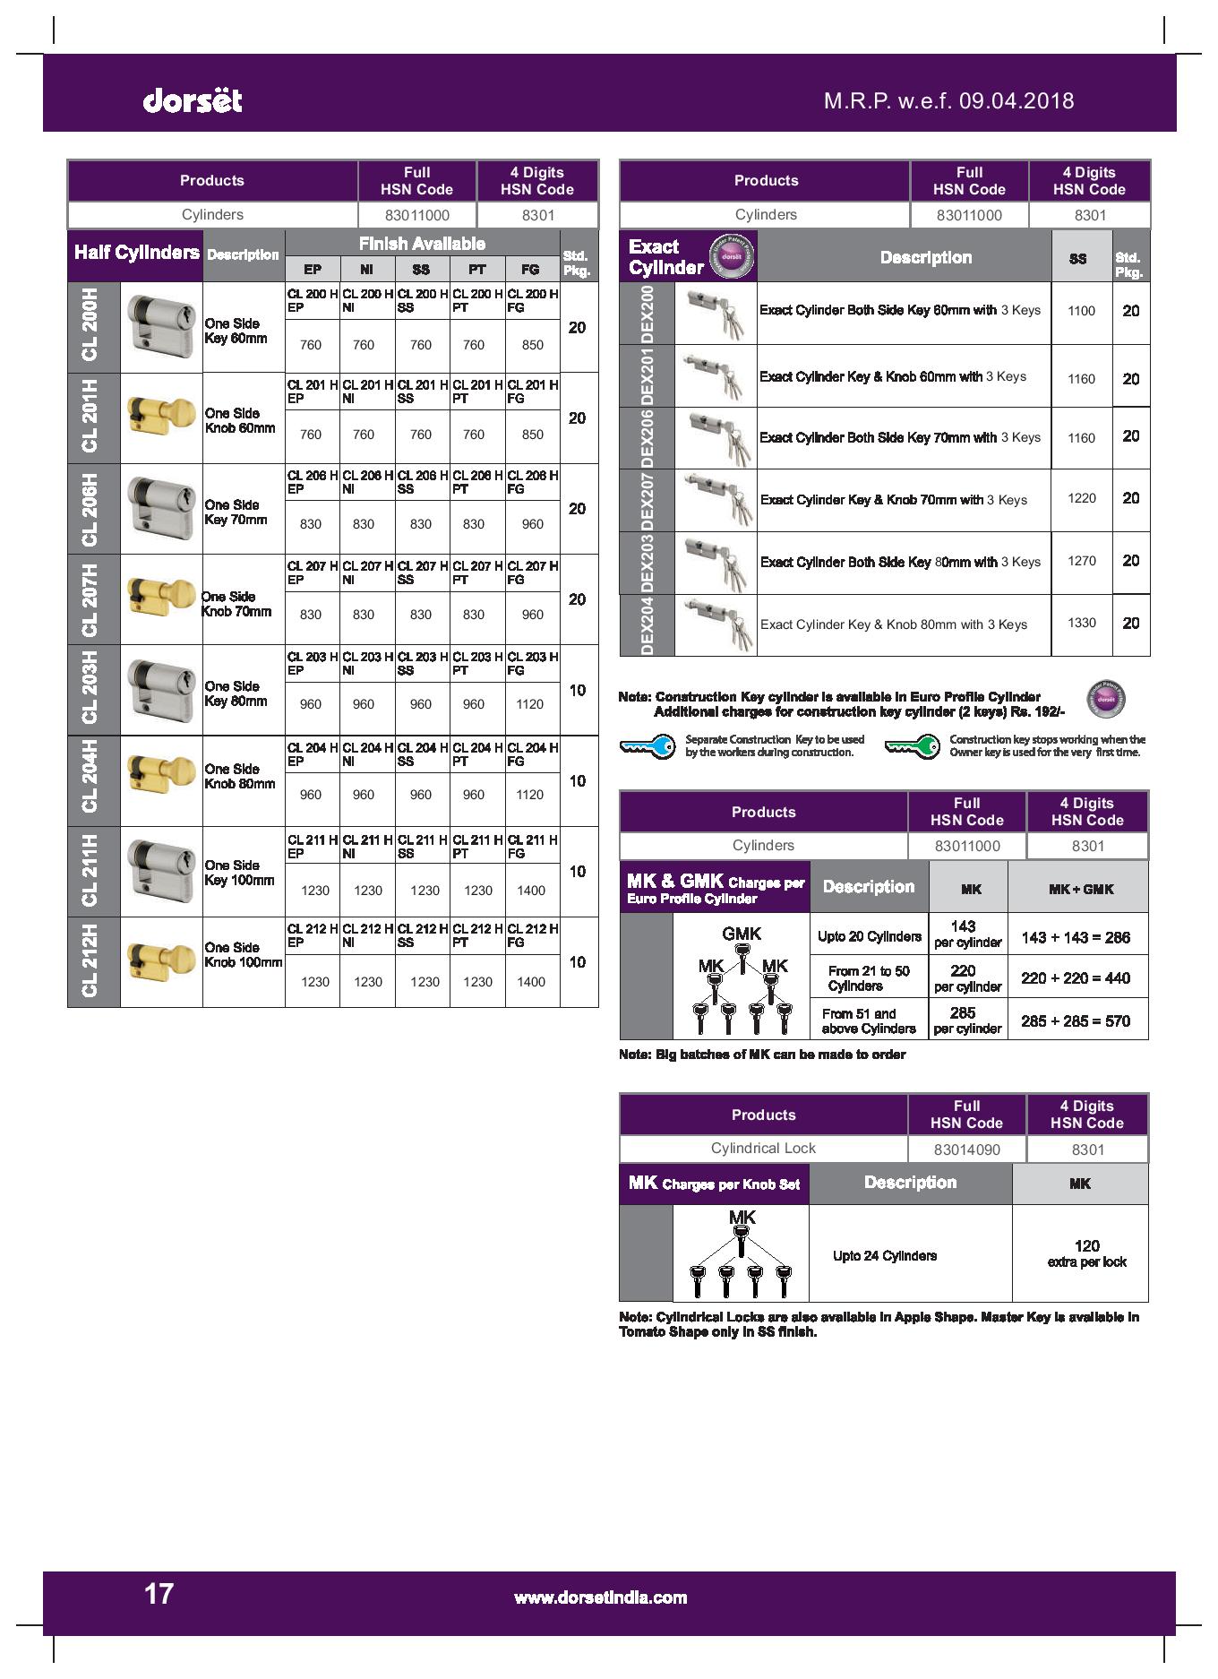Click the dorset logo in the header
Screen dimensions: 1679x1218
tap(192, 100)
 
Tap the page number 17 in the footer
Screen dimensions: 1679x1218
tap(159, 1593)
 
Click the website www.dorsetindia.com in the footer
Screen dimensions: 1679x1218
tap(600, 1597)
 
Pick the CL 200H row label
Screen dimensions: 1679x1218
tap(92, 328)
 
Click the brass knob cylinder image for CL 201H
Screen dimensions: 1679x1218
tap(161, 418)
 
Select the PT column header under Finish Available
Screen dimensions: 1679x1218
tap(476, 269)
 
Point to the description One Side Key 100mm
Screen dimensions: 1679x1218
tap(239, 873)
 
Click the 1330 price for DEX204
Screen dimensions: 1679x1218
tap(1081, 623)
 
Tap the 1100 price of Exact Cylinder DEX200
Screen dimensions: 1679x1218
tap(1081, 311)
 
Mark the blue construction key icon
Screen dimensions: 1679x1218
tap(648, 746)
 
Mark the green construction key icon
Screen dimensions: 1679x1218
tap(913, 745)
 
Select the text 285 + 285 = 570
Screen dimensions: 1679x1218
tap(1076, 1020)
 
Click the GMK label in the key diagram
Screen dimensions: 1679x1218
tap(742, 934)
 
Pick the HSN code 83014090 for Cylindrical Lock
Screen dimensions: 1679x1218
tap(966, 1149)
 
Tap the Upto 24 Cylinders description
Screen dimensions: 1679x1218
tap(885, 1255)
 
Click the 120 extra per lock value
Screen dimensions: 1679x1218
tap(1086, 1253)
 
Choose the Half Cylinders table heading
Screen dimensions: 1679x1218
tap(136, 253)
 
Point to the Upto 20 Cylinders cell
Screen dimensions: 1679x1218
tap(869, 936)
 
